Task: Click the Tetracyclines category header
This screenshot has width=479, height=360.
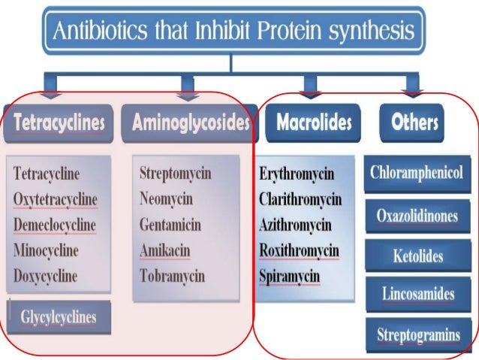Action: coord(59,123)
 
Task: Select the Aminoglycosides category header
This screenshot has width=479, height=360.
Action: coord(191,123)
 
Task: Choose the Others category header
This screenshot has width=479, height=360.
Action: coord(414,123)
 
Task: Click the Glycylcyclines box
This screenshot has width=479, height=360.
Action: coord(59,317)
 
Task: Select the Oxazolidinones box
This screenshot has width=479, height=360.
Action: coord(416,216)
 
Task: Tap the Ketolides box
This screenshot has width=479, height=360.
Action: coord(416,256)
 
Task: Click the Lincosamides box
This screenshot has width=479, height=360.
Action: coord(416,295)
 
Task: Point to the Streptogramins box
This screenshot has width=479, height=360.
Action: coord(416,334)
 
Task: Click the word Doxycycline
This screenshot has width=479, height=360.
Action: coord(46,276)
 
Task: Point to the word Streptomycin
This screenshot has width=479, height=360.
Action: coord(176,174)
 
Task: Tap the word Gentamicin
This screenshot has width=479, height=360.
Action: coord(170,225)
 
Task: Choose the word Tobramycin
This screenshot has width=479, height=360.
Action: coord(172,276)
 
